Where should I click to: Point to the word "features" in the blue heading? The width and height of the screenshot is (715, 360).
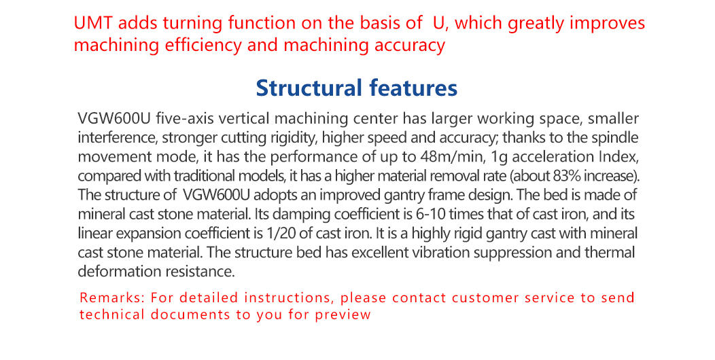tap(413, 88)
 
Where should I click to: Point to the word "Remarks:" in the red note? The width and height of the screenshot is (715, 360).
tap(112, 298)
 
